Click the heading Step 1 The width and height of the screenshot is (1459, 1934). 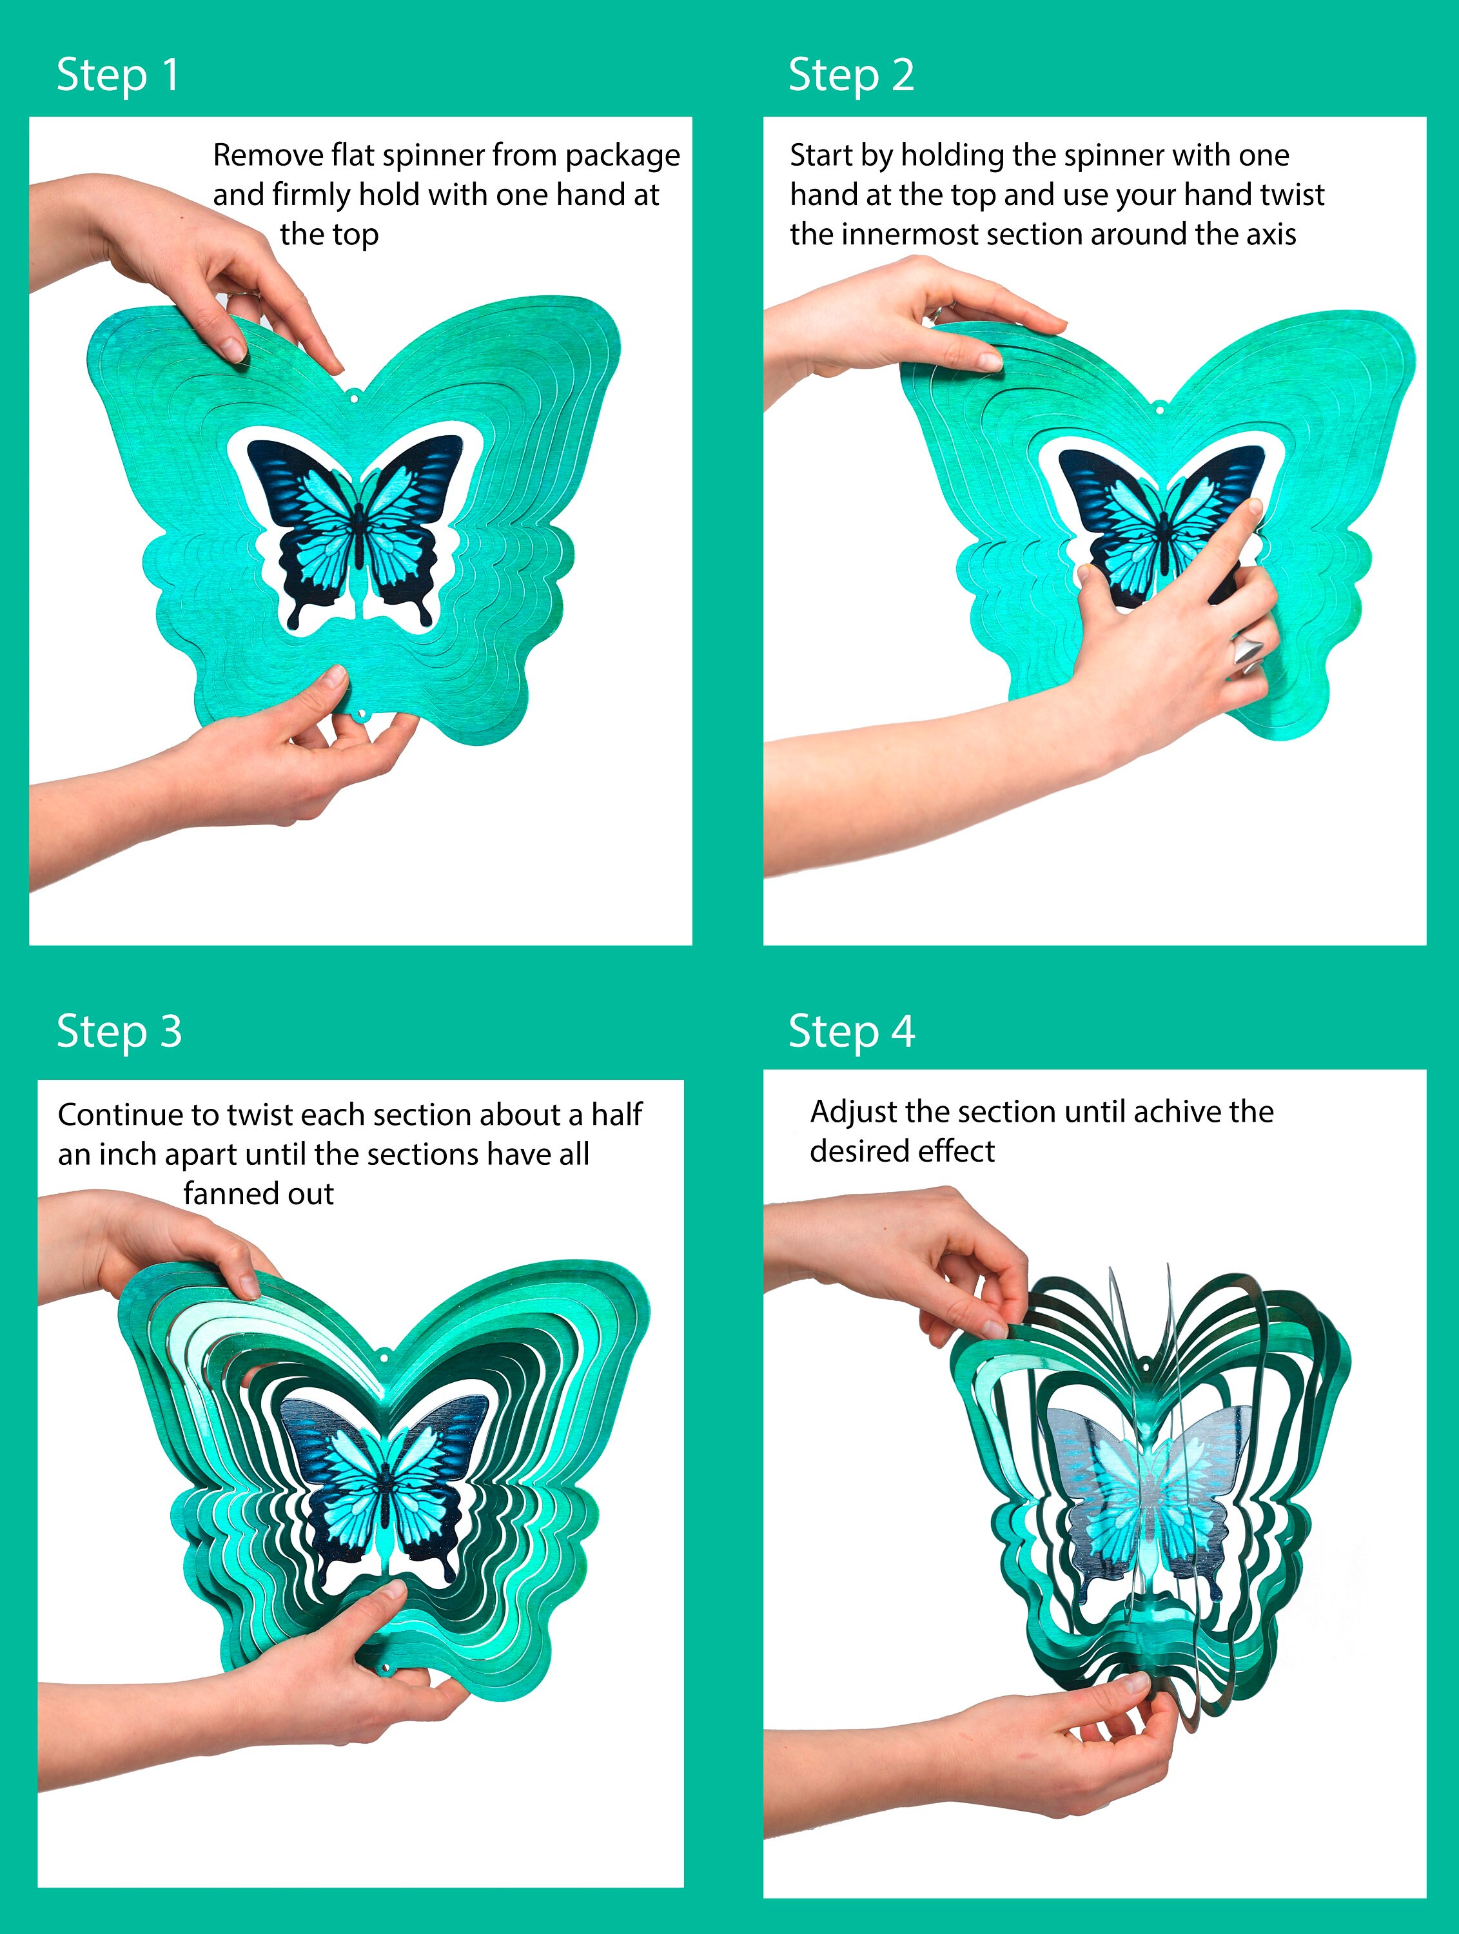(x=118, y=75)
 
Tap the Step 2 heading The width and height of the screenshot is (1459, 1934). (x=852, y=75)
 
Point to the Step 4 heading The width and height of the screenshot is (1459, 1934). (x=852, y=1031)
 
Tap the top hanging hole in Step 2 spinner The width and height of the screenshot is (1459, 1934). (x=1159, y=408)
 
